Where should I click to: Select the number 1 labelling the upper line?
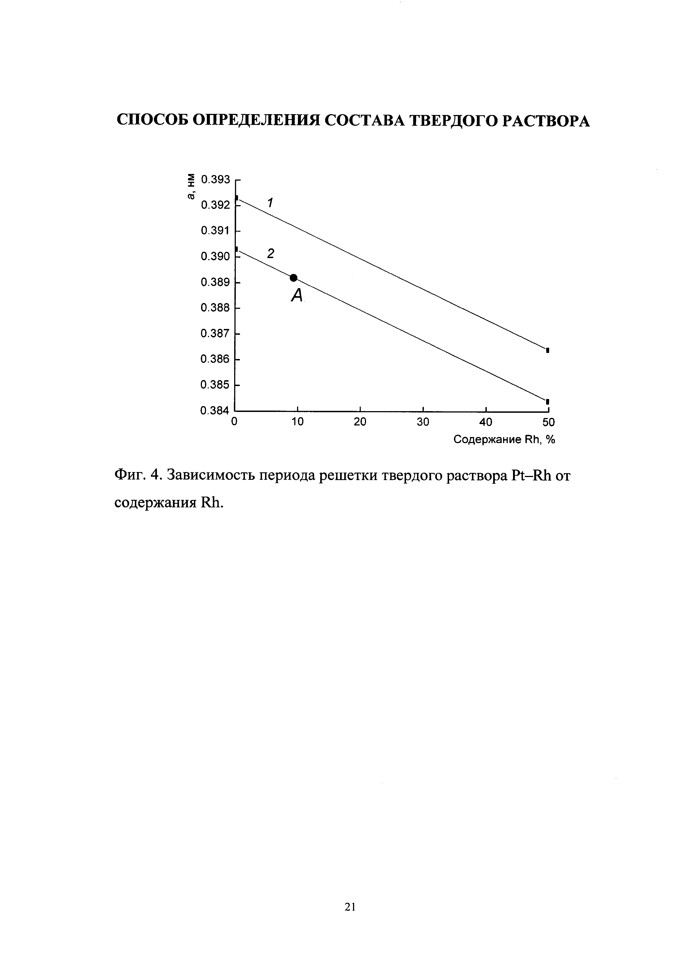tap(270, 203)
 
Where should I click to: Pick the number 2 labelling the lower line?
tap(270, 254)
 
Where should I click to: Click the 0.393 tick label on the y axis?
tap(216, 180)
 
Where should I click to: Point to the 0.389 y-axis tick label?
tap(216, 282)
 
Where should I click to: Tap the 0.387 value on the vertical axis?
tap(216, 334)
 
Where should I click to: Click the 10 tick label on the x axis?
tap(297, 422)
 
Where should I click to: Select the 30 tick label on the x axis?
tap(423, 422)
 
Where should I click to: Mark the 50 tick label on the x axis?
tap(548, 422)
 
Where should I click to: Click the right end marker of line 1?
tap(547, 350)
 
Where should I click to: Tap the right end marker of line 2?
tap(547, 401)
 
